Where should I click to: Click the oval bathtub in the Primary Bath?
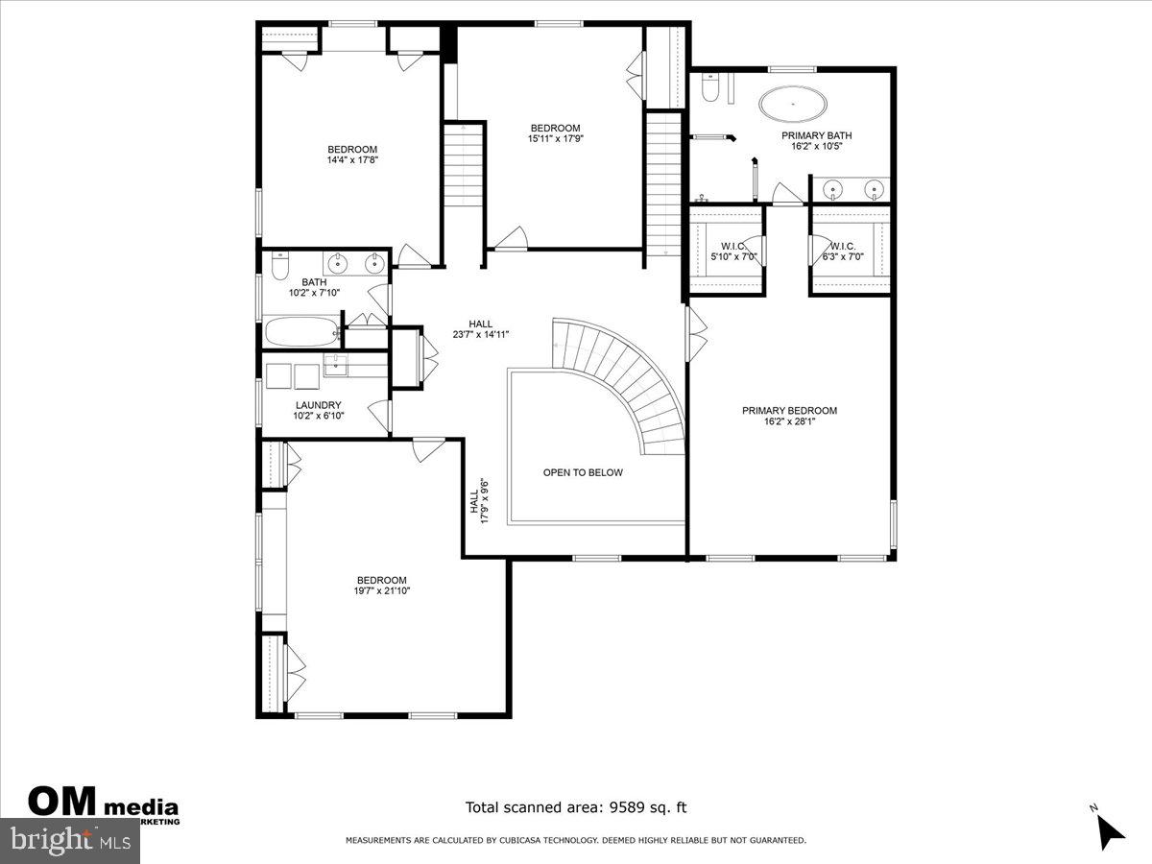click(793, 104)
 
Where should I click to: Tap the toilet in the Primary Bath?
click(710, 89)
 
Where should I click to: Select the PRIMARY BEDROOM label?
click(789, 411)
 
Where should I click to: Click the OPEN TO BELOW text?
click(583, 472)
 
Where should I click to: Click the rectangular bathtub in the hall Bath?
click(301, 332)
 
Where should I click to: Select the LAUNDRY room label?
click(318, 405)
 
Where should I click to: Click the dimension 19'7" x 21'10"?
click(382, 592)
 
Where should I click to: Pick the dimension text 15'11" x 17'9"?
click(555, 139)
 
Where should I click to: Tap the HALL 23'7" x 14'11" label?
click(481, 328)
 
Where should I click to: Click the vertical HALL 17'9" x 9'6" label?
click(480, 501)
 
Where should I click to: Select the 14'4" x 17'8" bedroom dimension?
click(352, 160)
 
